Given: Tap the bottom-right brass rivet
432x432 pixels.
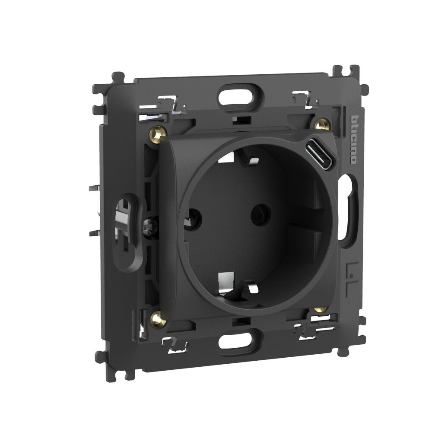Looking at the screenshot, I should [320, 309].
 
